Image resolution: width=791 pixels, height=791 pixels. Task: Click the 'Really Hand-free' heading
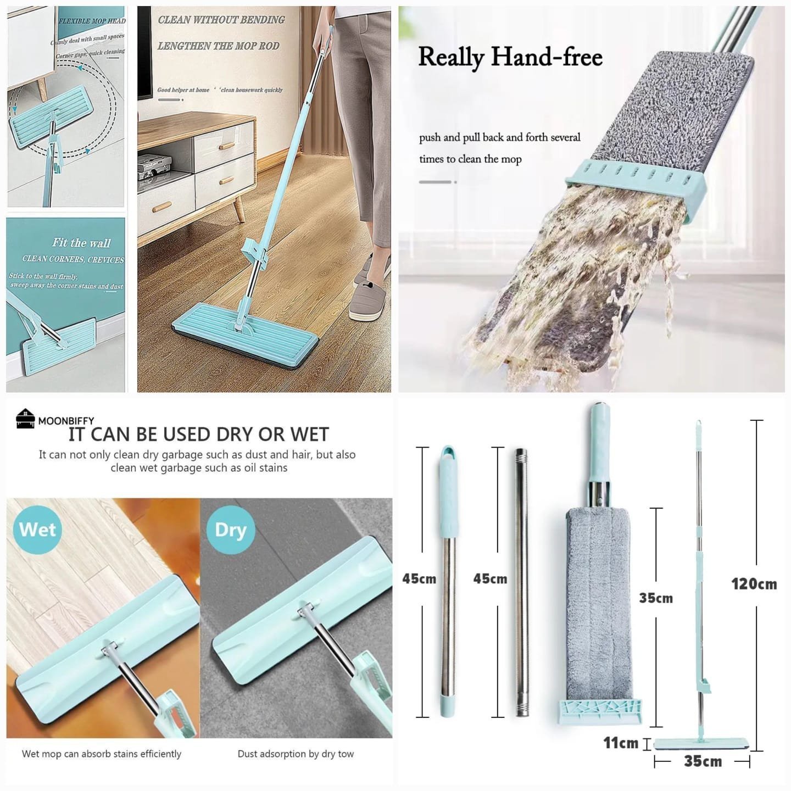click(x=510, y=58)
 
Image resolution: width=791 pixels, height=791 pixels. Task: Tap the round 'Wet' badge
click(x=37, y=529)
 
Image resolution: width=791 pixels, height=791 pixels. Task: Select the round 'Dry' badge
click(x=231, y=530)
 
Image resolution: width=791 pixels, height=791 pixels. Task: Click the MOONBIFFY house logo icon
click(x=25, y=418)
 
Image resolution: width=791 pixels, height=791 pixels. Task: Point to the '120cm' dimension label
click(x=754, y=584)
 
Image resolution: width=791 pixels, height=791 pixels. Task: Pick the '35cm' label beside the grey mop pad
click(x=656, y=598)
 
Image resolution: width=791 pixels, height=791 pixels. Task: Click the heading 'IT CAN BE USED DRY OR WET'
click(x=199, y=434)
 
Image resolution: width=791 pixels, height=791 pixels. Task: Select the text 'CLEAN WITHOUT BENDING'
click(x=221, y=20)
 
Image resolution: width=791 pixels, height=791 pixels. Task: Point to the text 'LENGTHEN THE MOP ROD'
click(x=219, y=46)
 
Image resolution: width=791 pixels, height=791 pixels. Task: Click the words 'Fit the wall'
click(x=81, y=243)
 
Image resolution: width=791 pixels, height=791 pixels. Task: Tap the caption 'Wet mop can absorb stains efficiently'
click(x=102, y=754)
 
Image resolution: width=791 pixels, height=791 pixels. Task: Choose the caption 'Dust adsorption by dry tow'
click(x=296, y=754)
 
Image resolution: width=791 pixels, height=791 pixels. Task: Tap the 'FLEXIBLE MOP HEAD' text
click(x=92, y=21)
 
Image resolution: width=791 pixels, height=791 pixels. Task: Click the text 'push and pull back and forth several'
click(x=499, y=137)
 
